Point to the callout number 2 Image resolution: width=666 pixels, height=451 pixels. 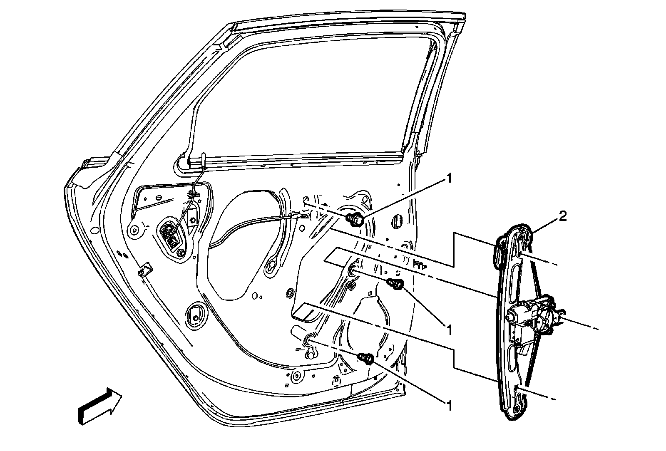pyautogui.click(x=562, y=216)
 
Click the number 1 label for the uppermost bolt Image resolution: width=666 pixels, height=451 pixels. pyautogui.click(x=448, y=178)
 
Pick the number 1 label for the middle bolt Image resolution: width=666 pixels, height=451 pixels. pyautogui.click(x=448, y=330)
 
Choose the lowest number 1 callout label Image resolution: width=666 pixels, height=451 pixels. pyautogui.click(x=448, y=404)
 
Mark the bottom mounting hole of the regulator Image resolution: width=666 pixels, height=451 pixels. pyautogui.click(x=517, y=409)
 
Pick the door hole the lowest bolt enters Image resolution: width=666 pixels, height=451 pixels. pyautogui.click(x=308, y=340)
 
